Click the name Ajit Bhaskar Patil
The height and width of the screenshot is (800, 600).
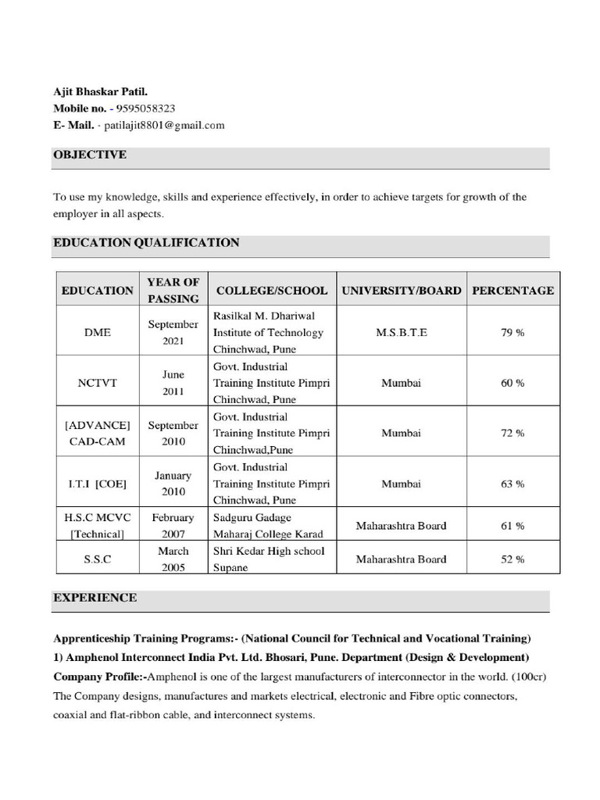99,91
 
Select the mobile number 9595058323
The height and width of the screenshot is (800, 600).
145,108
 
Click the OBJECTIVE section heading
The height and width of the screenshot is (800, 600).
89,155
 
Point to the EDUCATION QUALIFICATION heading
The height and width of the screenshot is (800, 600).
146,243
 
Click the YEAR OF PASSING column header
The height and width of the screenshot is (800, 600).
173,290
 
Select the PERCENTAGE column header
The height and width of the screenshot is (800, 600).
512,290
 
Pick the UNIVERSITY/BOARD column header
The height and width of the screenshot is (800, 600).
402,290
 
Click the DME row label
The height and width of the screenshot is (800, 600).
97,332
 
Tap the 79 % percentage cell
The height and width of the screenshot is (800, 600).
512,332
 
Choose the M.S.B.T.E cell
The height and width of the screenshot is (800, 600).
402,332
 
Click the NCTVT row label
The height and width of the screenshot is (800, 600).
97,383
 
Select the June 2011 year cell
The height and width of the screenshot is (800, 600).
173,383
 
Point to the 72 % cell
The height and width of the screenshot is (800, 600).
512,433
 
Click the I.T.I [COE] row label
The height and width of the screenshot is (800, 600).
97,484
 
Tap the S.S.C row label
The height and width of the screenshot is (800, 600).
97,559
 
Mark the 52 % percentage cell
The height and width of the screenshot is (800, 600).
512,559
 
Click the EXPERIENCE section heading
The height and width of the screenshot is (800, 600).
95,598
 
